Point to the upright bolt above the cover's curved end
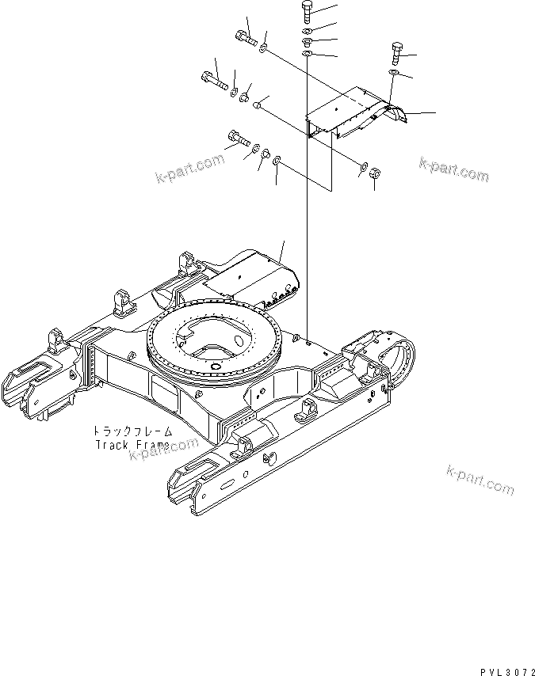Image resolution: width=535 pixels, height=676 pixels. coord(395,53)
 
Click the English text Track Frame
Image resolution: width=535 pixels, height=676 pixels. coord(132,444)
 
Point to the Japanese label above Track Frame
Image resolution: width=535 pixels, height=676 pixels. coord(132,431)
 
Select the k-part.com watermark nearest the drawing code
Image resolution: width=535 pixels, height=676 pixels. coord(479,482)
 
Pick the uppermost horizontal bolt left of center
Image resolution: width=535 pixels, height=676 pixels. coord(245,36)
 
